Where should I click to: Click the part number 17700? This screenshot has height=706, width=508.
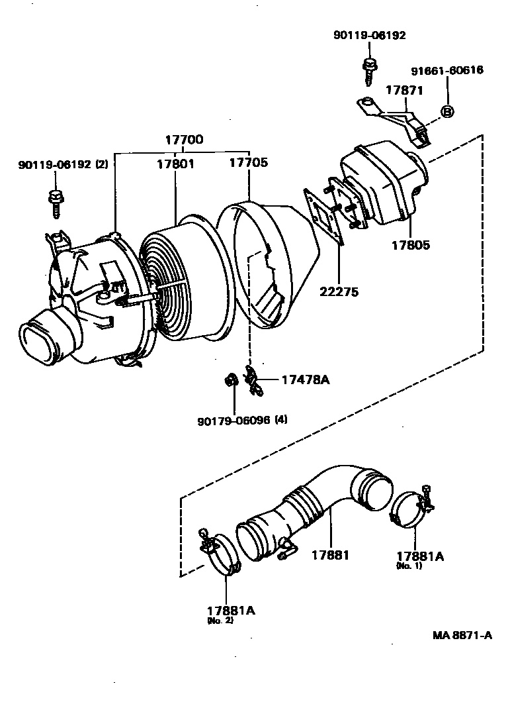click(x=184, y=140)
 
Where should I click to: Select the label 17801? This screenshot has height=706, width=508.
click(x=175, y=164)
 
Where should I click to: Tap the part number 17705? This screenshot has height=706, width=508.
click(x=248, y=162)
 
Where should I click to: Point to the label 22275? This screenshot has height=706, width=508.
click(x=339, y=292)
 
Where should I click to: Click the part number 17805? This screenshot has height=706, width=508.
click(x=411, y=246)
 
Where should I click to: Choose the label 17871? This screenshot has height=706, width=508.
click(x=405, y=91)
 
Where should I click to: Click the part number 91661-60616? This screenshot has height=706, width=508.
click(x=447, y=71)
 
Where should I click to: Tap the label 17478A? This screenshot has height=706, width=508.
click(x=306, y=380)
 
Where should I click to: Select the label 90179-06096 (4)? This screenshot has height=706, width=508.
click(x=242, y=420)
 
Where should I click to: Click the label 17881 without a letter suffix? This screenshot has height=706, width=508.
click(x=331, y=555)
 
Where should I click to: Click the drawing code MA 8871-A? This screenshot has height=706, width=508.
click(x=462, y=636)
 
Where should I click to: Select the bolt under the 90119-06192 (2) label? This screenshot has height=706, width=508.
click(x=55, y=204)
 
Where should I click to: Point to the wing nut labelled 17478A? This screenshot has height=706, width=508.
click(x=253, y=381)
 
